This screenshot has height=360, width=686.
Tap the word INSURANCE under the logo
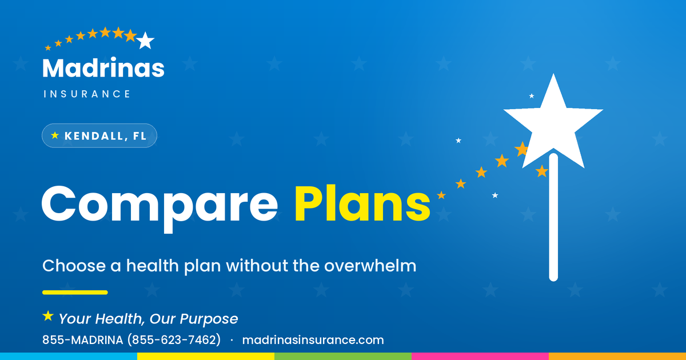coord(87,94)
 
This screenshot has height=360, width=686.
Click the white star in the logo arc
coord(145,41)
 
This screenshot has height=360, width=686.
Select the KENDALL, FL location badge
coord(99,135)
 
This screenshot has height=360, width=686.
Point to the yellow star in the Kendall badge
coord(55,135)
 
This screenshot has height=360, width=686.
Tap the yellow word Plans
coord(362,203)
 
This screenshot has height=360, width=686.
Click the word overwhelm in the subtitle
coord(370,265)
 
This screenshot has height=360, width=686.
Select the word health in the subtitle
coord(153,265)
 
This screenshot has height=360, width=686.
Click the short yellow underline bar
coord(75,293)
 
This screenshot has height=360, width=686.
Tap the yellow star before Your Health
coord(48,316)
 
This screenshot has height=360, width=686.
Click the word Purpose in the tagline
coord(209,319)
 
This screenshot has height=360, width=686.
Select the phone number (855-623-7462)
coord(174,340)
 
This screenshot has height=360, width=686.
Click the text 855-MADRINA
coord(83,340)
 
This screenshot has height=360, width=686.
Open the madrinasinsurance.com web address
coord(313,340)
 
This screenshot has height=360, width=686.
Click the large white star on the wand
coord(553,122)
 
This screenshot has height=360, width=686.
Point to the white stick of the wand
coord(553,217)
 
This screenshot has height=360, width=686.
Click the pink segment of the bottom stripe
coord(480,357)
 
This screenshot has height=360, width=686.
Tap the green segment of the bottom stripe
coord(343,357)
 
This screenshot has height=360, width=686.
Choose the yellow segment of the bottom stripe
coord(206,357)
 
